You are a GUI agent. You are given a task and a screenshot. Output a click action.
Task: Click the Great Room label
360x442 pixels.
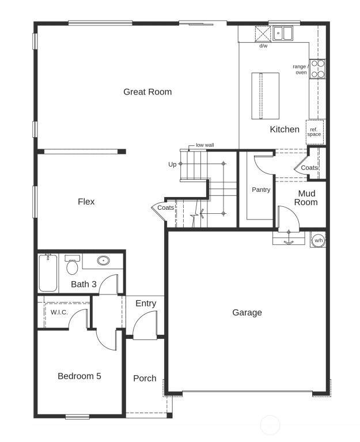point(147,92)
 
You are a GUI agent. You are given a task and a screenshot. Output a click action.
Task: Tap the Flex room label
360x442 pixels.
point(86,202)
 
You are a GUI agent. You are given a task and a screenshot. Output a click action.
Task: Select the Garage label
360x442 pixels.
point(247,312)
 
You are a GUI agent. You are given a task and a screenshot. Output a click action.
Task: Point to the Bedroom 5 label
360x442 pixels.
point(79,376)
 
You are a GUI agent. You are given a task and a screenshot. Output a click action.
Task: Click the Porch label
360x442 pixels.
point(145,378)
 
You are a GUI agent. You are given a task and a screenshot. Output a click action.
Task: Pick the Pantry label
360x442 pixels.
point(261,190)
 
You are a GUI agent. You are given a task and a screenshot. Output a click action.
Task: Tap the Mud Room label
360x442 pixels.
point(306,198)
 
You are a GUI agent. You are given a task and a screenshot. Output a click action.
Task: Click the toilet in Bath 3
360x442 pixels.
point(72,265)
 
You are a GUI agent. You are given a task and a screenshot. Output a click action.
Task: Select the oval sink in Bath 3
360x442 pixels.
point(103,260)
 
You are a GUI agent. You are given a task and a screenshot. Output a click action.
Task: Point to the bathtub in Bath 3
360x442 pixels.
point(48,273)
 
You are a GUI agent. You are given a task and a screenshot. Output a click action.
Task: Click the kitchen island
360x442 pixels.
point(265,96)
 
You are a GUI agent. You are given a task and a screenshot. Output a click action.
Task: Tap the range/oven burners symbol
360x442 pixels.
point(317,69)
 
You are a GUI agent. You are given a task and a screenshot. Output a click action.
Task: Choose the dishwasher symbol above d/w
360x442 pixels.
point(263,34)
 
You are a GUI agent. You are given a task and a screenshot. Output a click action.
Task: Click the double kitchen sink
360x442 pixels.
point(283,33)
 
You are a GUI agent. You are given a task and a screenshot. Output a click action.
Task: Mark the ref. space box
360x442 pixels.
point(314,132)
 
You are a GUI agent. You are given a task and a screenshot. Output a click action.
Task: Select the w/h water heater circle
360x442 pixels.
point(319,240)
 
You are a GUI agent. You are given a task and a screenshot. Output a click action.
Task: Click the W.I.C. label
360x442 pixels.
point(59,312)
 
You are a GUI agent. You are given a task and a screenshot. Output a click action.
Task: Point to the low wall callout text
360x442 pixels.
point(205,145)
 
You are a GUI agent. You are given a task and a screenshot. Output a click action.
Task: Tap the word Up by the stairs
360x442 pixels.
point(172,164)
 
